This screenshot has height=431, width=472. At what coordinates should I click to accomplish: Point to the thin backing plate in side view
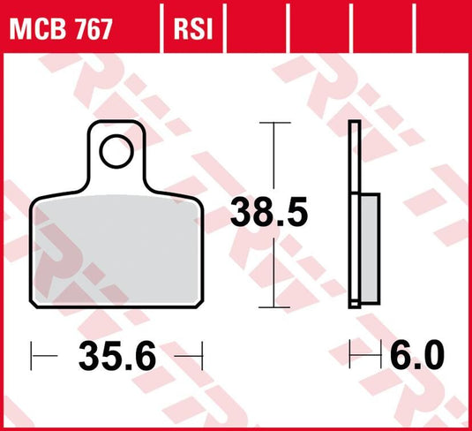click(355, 159)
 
